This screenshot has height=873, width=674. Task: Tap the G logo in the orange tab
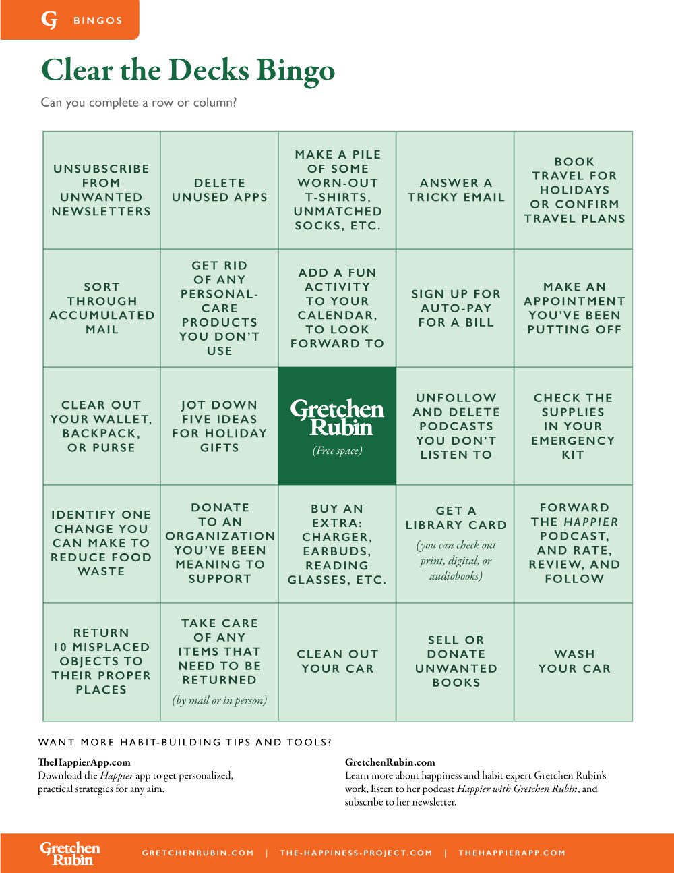tap(49, 20)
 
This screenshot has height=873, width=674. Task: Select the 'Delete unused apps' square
tap(219, 190)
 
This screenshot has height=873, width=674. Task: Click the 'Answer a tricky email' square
tap(456, 190)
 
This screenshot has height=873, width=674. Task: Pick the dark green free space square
tap(337, 426)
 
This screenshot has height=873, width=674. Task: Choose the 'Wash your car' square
tap(574, 662)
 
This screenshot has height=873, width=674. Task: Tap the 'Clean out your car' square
tap(337, 662)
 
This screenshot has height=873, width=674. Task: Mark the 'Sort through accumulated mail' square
tap(102, 308)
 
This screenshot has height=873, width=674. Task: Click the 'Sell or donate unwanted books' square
tap(456, 662)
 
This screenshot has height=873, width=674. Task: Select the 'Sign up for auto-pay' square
tap(456, 308)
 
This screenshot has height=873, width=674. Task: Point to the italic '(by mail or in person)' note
tap(220, 700)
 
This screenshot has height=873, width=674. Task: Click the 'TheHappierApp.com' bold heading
tap(84, 762)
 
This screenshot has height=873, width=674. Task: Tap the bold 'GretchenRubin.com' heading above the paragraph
tap(390, 762)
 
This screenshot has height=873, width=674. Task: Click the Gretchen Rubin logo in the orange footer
tap(70, 853)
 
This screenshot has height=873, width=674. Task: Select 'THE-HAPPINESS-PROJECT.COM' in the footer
tap(356, 853)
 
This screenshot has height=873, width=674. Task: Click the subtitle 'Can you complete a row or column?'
tap(139, 103)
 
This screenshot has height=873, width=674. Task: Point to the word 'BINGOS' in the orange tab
tap(98, 21)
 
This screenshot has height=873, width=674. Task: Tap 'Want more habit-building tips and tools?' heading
tap(185, 742)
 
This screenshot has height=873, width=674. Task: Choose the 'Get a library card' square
tap(456, 544)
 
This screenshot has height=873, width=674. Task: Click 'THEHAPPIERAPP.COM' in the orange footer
tap(512, 853)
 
